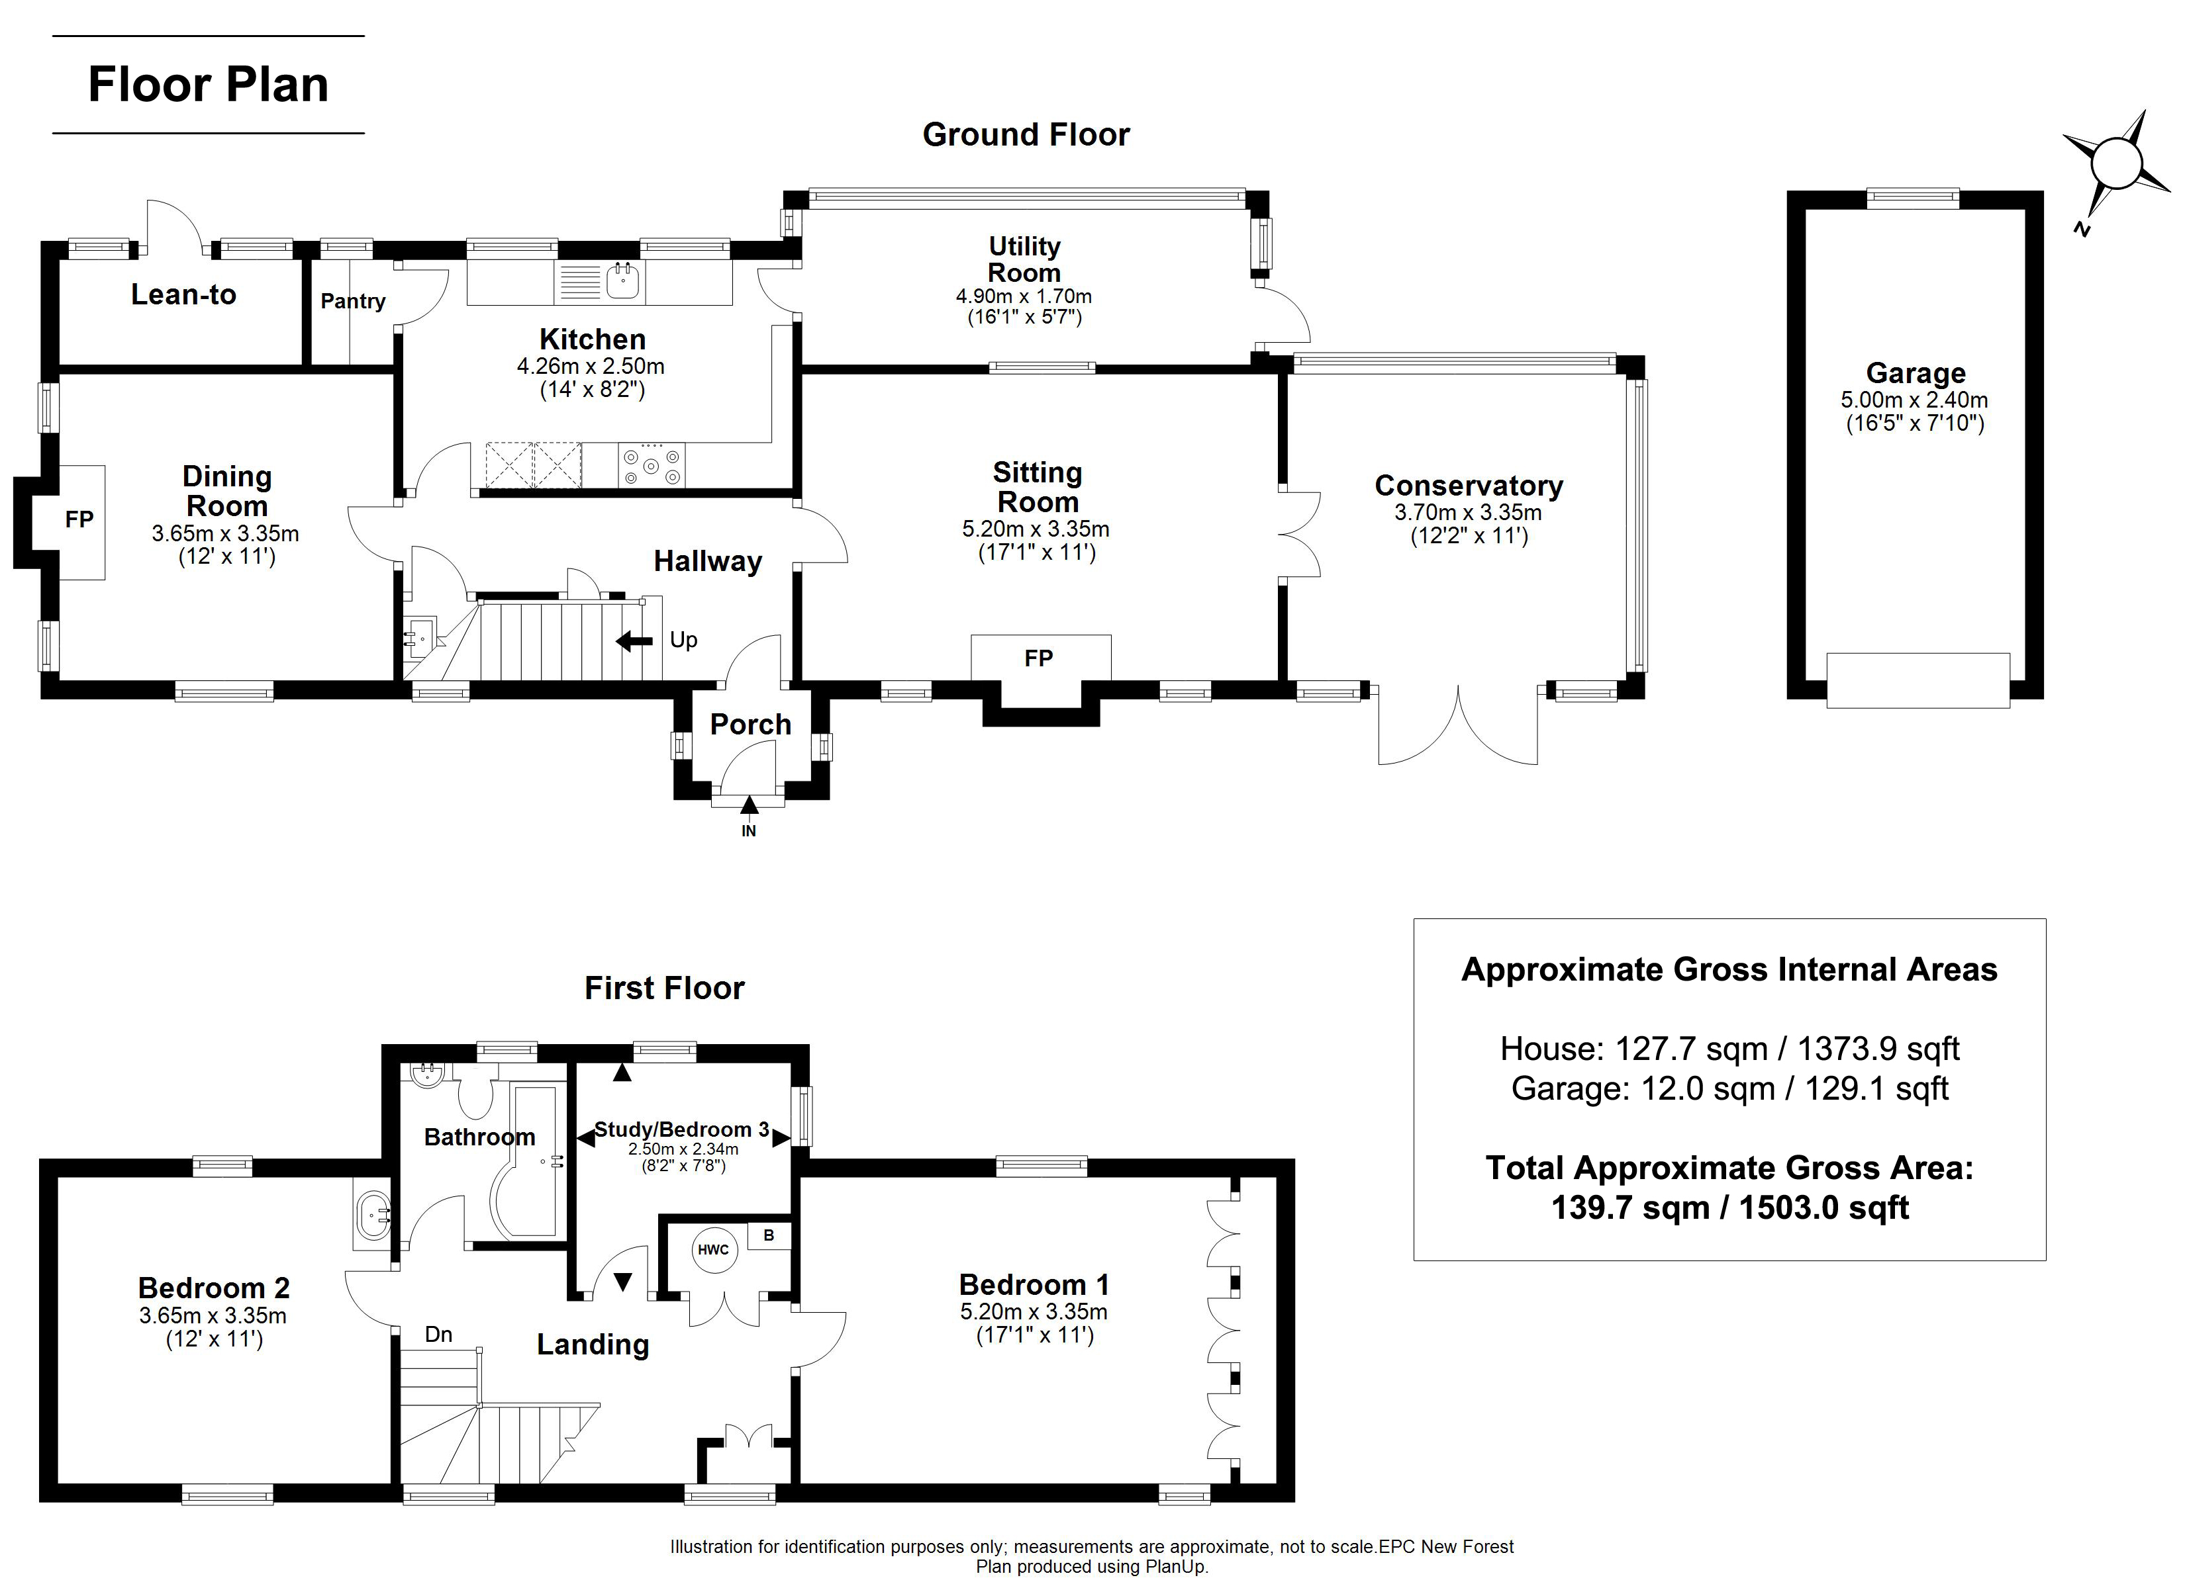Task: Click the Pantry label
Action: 353,302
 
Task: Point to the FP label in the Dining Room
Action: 79,520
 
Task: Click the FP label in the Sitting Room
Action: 1039,659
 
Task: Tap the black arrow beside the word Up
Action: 634,640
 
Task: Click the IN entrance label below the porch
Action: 749,831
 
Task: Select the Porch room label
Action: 750,724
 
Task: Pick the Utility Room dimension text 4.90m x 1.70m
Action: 1024,296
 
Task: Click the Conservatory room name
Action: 1468,486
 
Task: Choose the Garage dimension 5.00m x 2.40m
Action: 1914,400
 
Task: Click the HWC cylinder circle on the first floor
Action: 714,1250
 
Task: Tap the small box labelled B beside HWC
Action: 769,1235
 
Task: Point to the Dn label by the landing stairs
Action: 438,1334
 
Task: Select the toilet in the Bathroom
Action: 474,1093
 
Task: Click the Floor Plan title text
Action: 208,85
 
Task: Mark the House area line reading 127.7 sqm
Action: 1729,1048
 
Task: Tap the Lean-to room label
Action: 184,294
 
